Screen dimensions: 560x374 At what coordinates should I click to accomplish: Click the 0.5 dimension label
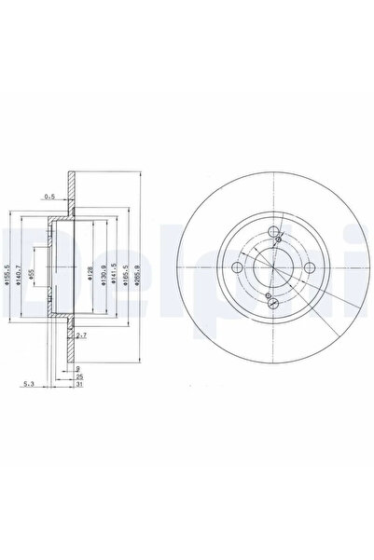click(49, 196)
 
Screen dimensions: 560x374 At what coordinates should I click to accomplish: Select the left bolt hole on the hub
click(239, 268)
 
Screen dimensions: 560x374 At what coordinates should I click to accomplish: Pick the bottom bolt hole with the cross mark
click(270, 300)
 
